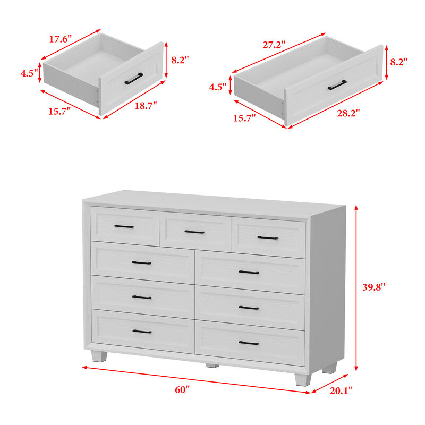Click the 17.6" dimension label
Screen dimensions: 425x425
tap(61, 39)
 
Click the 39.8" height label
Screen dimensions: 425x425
tap(374, 287)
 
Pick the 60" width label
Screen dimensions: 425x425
tap(182, 389)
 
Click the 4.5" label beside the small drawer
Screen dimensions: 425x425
tap(29, 74)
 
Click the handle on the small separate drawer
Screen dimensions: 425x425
tap(134, 78)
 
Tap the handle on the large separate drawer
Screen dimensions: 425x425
tap(337, 84)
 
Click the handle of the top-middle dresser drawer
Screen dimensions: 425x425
tap(194, 232)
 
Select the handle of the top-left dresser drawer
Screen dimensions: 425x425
tap(124, 226)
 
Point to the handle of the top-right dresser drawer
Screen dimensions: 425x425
tap(267, 237)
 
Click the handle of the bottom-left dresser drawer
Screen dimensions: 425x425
tap(142, 331)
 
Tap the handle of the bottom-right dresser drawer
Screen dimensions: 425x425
tap(249, 343)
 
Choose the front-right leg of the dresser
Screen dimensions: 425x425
tap(301, 379)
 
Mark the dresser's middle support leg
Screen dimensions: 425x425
tap(211, 365)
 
